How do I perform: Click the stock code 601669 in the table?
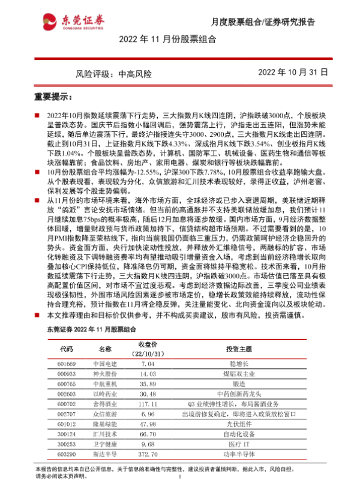tap(67, 364)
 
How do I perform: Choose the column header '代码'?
tap(67, 349)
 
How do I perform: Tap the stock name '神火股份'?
tap(106, 373)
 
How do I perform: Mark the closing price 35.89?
tap(146, 383)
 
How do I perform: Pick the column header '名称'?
tap(106, 349)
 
